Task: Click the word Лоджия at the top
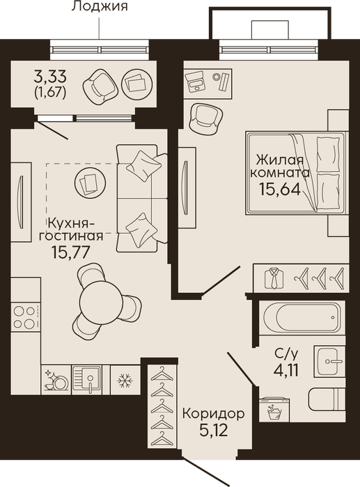(x=100, y=6)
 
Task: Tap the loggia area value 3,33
(x=50, y=75)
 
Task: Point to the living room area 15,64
(x=280, y=189)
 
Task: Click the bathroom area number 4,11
(x=286, y=370)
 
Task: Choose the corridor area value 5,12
(x=214, y=430)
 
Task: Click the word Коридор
(x=213, y=414)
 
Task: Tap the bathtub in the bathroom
(x=301, y=318)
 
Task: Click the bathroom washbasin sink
(x=329, y=361)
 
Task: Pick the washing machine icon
(x=274, y=410)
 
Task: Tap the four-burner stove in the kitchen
(x=24, y=317)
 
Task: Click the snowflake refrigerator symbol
(x=125, y=380)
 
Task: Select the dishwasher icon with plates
(x=56, y=380)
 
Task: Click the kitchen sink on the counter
(x=87, y=380)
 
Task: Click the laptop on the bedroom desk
(x=195, y=80)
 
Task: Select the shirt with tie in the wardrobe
(x=274, y=278)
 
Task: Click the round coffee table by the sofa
(x=90, y=182)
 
